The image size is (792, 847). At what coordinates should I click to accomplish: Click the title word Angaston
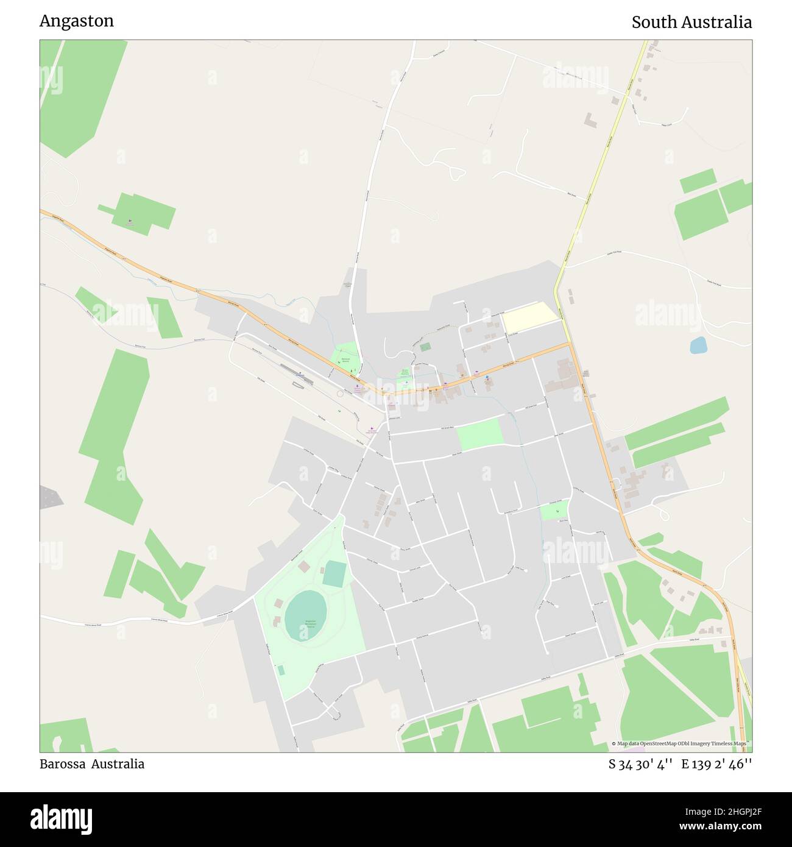[x=77, y=21]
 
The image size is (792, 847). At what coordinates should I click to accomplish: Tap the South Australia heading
[x=691, y=23]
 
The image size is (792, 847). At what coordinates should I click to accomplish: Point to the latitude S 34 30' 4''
[x=640, y=764]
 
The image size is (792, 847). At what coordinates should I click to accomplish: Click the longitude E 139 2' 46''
[x=716, y=764]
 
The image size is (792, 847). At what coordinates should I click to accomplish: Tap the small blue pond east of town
[x=698, y=346]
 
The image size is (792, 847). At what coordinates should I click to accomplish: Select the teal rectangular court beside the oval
[x=334, y=575]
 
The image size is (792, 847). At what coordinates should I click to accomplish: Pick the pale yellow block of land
[x=529, y=318]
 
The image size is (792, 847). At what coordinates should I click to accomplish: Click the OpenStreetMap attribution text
[x=681, y=743]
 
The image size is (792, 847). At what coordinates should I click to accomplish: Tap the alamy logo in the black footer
[x=62, y=818]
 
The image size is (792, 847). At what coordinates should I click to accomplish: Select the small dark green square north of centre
[x=425, y=347]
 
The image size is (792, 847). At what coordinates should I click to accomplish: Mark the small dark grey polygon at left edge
[x=51, y=497]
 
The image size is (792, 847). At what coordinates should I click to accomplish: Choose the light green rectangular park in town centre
[x=480, y=434]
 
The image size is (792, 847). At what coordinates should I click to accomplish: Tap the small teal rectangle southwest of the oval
[x=281, y=670]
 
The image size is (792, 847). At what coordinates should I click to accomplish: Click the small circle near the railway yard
[x=339, y=394]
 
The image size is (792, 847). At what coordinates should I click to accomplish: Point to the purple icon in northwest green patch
[x=129, y=221]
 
